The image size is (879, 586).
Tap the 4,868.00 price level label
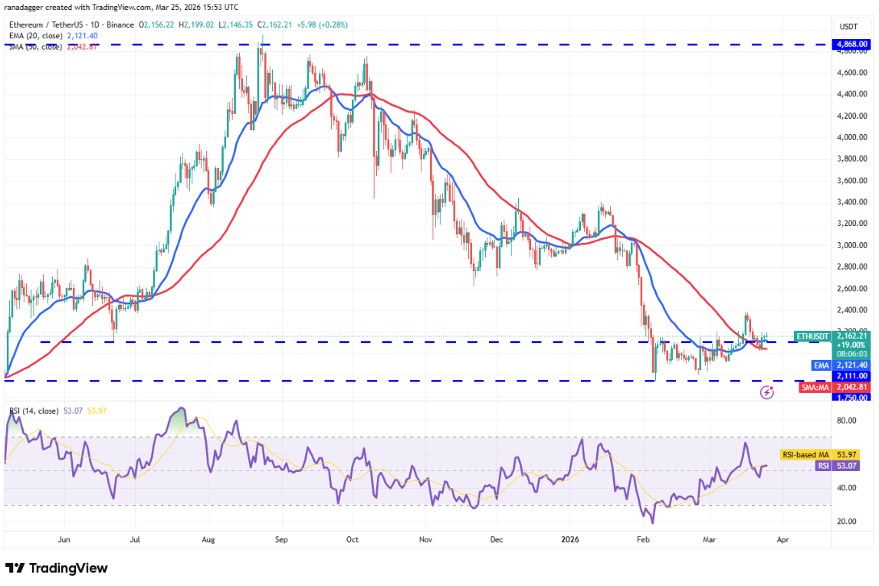(x=852, y=45)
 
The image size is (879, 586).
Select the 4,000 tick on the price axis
(x=852, y=138)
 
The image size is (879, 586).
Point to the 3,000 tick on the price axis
(x=852, y=246)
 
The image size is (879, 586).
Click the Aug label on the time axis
(x=208, y=539)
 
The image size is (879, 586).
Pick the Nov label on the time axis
(x=426, y=539)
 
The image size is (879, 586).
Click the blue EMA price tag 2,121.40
(x=852, y=365)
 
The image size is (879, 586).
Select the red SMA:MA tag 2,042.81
(x=852, y=387)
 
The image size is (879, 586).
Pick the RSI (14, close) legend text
(x=35, y=411)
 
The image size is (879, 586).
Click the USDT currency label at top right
(x=849, y=25)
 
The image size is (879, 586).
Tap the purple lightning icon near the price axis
(x=766, y=392)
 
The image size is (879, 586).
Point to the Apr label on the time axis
(x=782, y=539)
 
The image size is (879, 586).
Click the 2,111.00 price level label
(x=852, y=376)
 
